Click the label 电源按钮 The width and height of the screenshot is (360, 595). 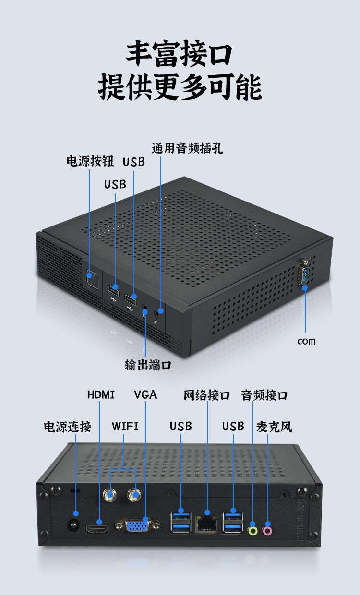90,161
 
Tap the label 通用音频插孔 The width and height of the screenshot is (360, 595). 187,148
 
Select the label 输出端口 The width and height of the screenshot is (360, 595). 148,365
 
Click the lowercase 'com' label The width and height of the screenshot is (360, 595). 306,341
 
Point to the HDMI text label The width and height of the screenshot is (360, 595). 101,395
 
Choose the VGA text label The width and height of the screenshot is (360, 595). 145,395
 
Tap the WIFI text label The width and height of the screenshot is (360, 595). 125,426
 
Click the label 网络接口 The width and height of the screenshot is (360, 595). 207,395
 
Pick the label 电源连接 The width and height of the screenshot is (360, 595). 67,427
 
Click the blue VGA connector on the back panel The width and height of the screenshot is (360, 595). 137,525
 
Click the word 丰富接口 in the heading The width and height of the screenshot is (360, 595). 180,54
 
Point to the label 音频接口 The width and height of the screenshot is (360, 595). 264,395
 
